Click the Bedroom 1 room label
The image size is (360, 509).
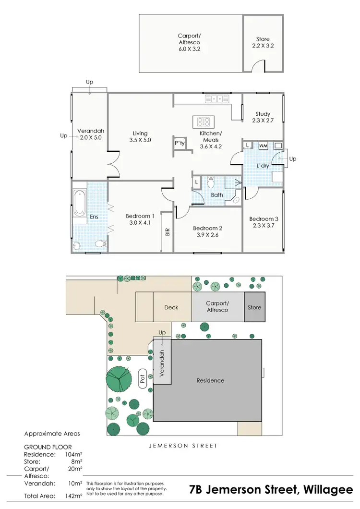tap(140, 219)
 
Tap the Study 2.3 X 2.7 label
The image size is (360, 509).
tap(263, 117)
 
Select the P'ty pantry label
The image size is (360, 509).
tap(180, 143)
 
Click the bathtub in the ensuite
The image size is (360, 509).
tap(79, 203)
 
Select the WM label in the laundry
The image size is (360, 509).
tap(263, 145)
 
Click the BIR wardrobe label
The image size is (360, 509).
tap(167, 232)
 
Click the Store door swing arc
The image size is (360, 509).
tap(259, 65)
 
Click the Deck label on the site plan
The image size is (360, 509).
tap(171, 307)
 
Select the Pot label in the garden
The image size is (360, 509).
tap(142, 378)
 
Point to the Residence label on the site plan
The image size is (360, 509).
tap(210, 380)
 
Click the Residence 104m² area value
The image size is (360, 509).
tap(74, 454)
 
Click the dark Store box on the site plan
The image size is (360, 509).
tap(254, 307)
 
